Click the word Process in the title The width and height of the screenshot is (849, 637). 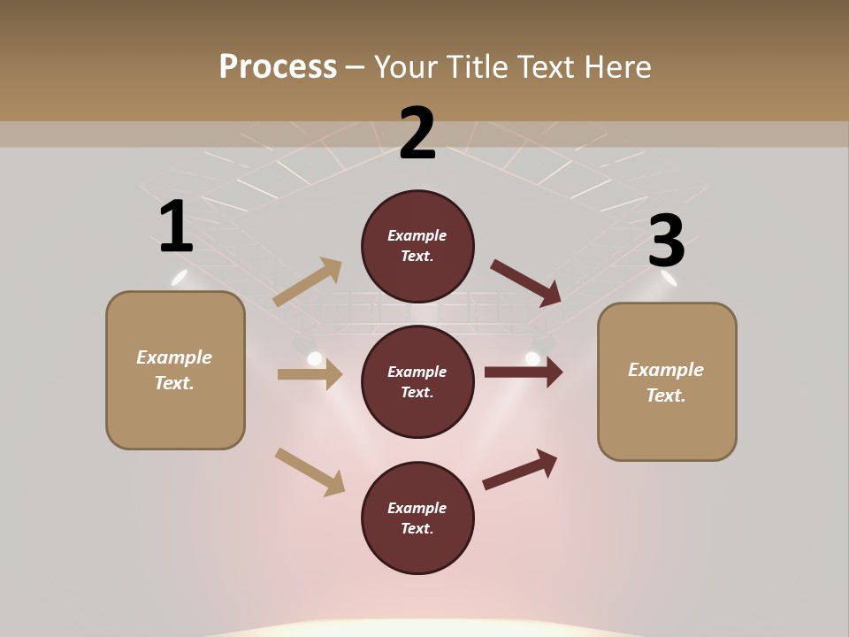[x=278, y=67]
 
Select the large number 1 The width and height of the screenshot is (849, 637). [x=176, y=227]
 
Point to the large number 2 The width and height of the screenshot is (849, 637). [x=417, y=134]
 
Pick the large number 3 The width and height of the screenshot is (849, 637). [x=666, y=242]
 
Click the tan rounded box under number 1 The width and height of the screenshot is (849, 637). [x=175, y=370]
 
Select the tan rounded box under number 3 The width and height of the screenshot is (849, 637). [x=667, y=382]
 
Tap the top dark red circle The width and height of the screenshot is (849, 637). [x=417, y=246]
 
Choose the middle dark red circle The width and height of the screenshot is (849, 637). [x=417, y=382]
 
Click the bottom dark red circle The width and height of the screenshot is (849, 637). [x=417, y=518]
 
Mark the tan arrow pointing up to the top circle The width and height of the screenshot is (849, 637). [x=308, y=282]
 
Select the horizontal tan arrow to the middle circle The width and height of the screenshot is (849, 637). [x=310, y=374]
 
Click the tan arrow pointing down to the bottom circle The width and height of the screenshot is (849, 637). [x=310, y=472]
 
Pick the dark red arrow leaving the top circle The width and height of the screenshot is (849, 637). [x=527, y=283]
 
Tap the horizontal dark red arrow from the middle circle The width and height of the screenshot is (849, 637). [x=524, y=372]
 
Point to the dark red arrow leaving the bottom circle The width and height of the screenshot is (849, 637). [x=520, y=469]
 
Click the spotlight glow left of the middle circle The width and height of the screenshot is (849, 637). [x=314, y=358]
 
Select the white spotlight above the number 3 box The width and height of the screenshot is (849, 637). [x=669, y=279]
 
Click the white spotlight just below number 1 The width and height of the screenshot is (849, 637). [x=180, y=277]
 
